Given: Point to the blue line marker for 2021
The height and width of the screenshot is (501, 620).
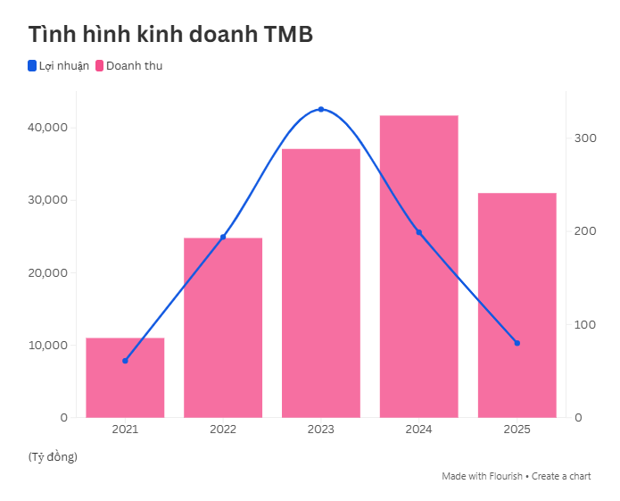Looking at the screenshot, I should [x=125, y=361].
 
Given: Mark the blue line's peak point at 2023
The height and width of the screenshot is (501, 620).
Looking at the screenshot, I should [x=321, y=109].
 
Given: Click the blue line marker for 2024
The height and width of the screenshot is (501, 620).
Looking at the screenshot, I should [x=418, y=232].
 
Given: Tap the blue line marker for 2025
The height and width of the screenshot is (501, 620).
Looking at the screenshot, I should [x=517, y=343].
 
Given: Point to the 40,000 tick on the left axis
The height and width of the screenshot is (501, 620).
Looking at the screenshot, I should [x=48, y=128].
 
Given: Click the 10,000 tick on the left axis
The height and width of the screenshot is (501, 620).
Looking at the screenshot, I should [x=48, y=345].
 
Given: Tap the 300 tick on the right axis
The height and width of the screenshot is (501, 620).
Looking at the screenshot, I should [x=585, y=138].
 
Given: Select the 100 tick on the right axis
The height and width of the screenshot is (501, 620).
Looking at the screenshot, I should [x=585, y=324].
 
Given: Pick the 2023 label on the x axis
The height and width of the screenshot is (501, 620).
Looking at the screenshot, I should [x=321, y=430].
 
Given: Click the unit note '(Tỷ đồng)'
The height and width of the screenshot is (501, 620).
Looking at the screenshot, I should [x=53, y=457].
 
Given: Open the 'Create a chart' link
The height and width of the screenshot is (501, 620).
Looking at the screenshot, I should [x=561, y=476].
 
